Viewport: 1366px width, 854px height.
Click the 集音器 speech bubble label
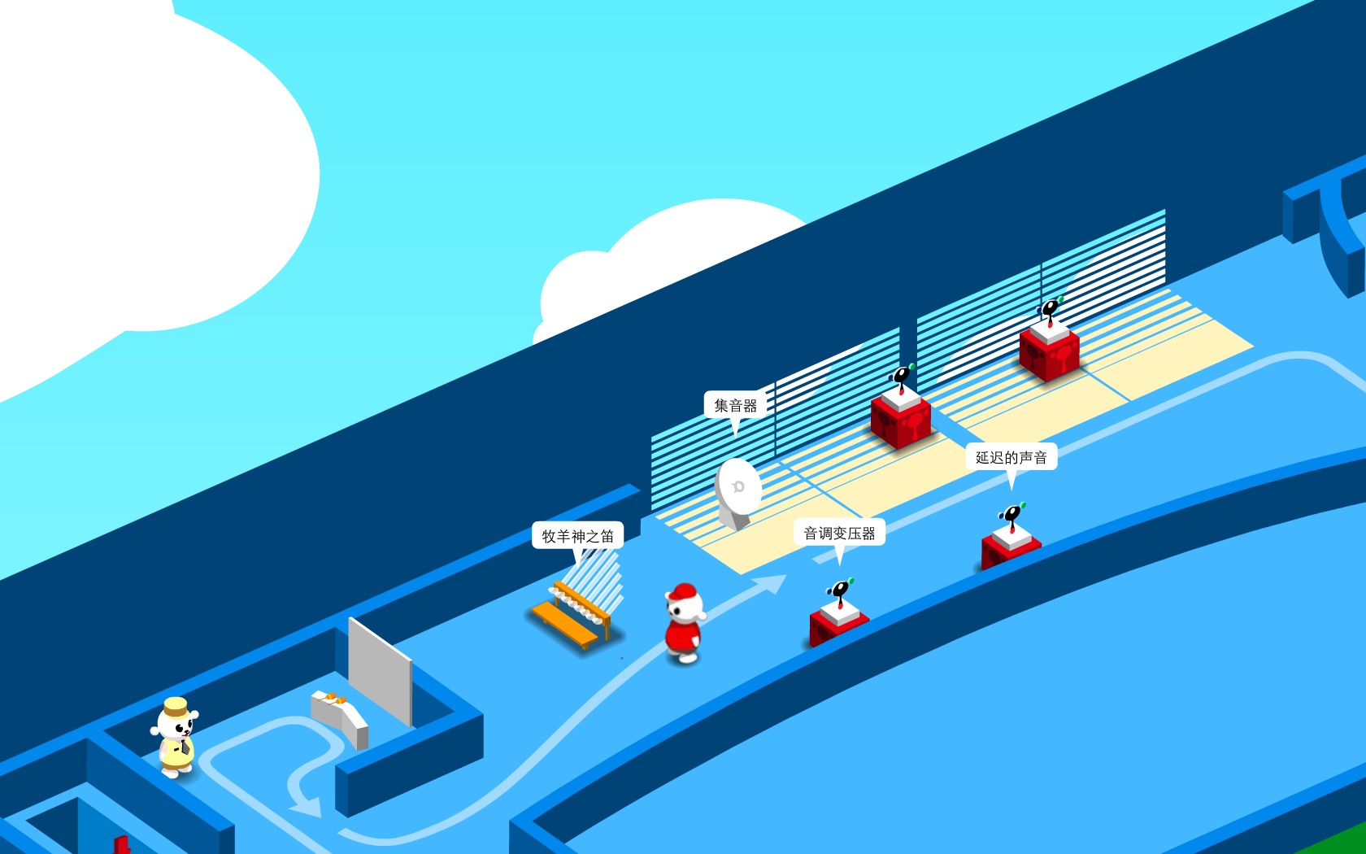pos(735,405)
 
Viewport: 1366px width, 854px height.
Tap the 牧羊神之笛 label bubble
pos(577,536)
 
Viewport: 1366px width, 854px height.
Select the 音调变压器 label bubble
pos(839,534)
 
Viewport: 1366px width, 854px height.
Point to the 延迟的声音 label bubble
pos(1011,457)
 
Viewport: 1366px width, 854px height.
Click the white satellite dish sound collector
pos(737,490)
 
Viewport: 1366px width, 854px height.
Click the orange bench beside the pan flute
pos(564,625)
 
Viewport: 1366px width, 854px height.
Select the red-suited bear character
pos(684,626)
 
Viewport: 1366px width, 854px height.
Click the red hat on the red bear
pos(685,591)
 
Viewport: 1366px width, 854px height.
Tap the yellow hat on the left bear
pos(176,706)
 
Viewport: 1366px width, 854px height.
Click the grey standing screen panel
pos(380,671)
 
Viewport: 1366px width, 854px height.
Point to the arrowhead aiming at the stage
pos(772,582)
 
